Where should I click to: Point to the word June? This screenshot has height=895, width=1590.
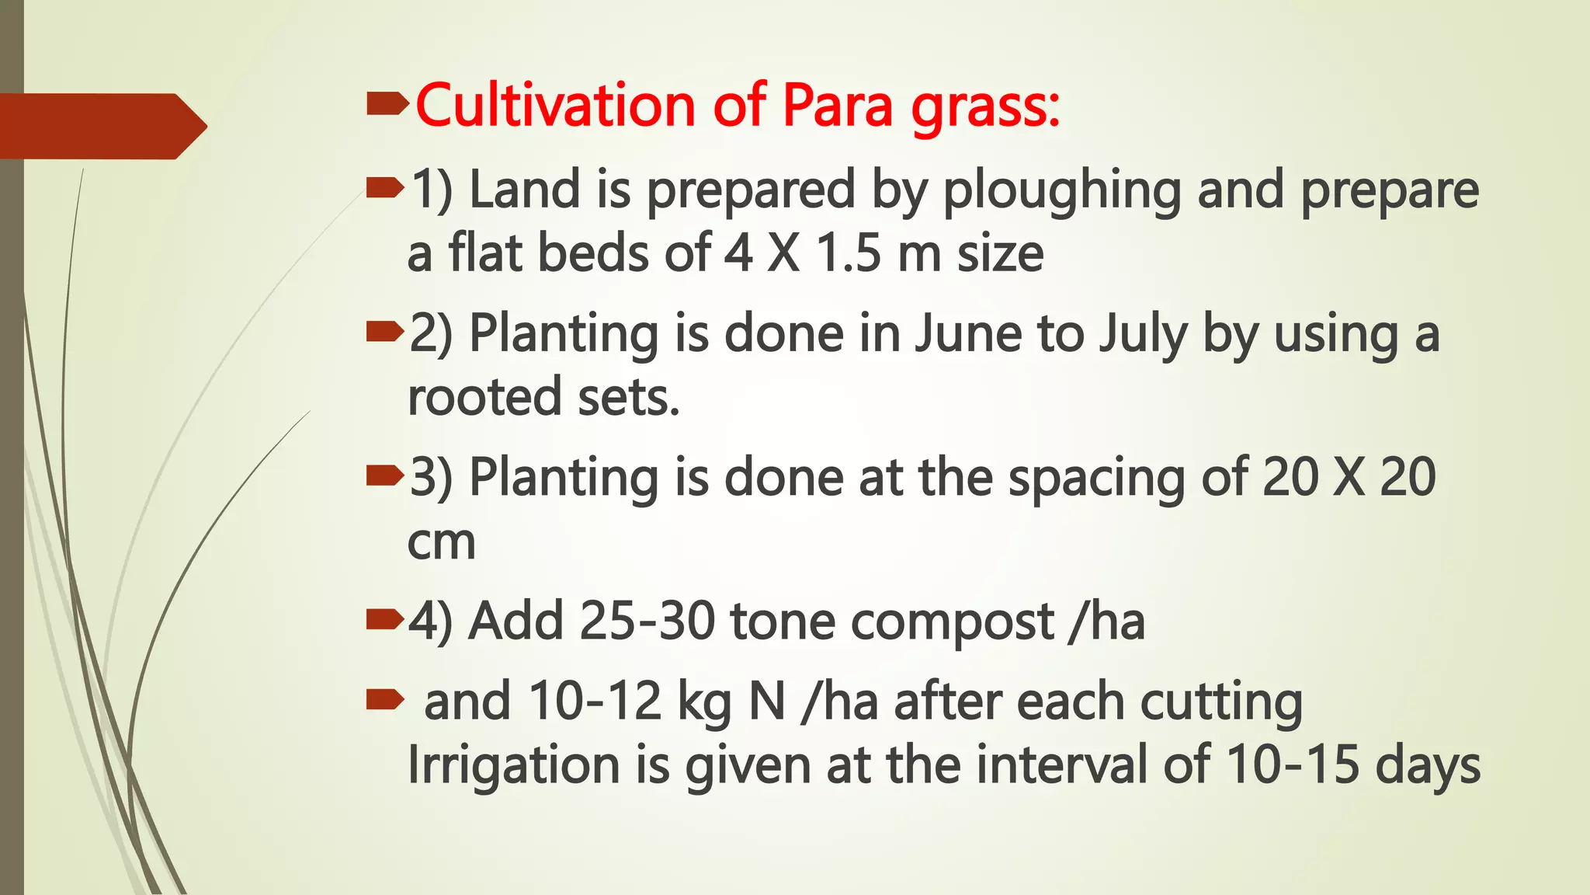[x=967, y=333]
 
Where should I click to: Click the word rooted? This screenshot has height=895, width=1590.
[x=484, y=397]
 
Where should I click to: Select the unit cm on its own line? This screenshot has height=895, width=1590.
[x=441, y=542]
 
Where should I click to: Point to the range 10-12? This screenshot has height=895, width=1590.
[x=595, y=701]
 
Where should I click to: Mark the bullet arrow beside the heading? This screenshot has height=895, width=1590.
[x=387, y=103]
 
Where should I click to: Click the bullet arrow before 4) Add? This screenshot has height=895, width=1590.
[x=385, y=619]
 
